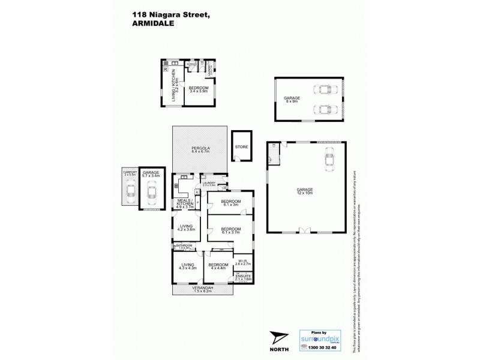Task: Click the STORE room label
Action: coord(241,146)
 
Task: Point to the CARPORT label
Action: coord(130,173)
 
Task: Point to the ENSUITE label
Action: coord(243,277)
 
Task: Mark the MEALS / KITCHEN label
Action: coord(184,204)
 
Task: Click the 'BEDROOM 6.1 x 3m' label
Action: coord(230,202)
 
